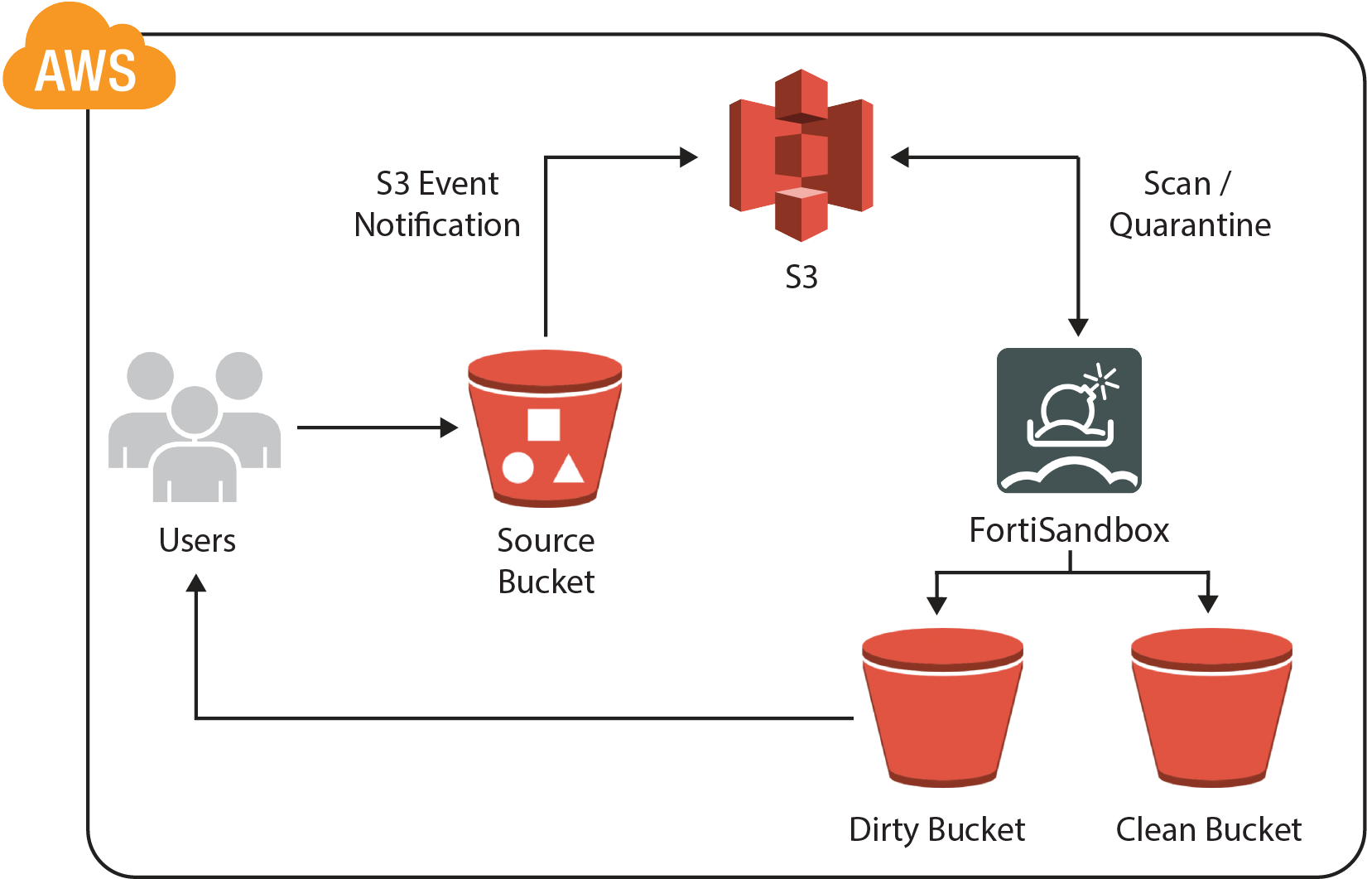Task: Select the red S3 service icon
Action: click(801, 155)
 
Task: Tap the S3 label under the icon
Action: click(801, 277)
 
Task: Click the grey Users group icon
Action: click(195, 427)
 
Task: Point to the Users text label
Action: click(197, 540)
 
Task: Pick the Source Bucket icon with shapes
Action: click(545, 428)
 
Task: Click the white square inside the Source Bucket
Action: click(543, 424)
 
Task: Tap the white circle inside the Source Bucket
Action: click(517, 468)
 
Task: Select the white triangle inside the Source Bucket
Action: click(569, 469)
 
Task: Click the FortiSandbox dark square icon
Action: click(1069, 420)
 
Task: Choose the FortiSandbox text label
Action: click(1069, 530)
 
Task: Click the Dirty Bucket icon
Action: click(942, 708)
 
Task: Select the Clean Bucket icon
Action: click(1211, 708)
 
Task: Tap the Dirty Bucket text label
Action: click(936, 829)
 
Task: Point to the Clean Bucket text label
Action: click(1208, 829)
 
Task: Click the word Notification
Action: click(437, 225)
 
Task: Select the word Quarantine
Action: click(1190, 225)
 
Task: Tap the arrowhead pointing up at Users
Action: click(196, 583)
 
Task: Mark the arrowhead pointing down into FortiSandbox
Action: click(1078, 327)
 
